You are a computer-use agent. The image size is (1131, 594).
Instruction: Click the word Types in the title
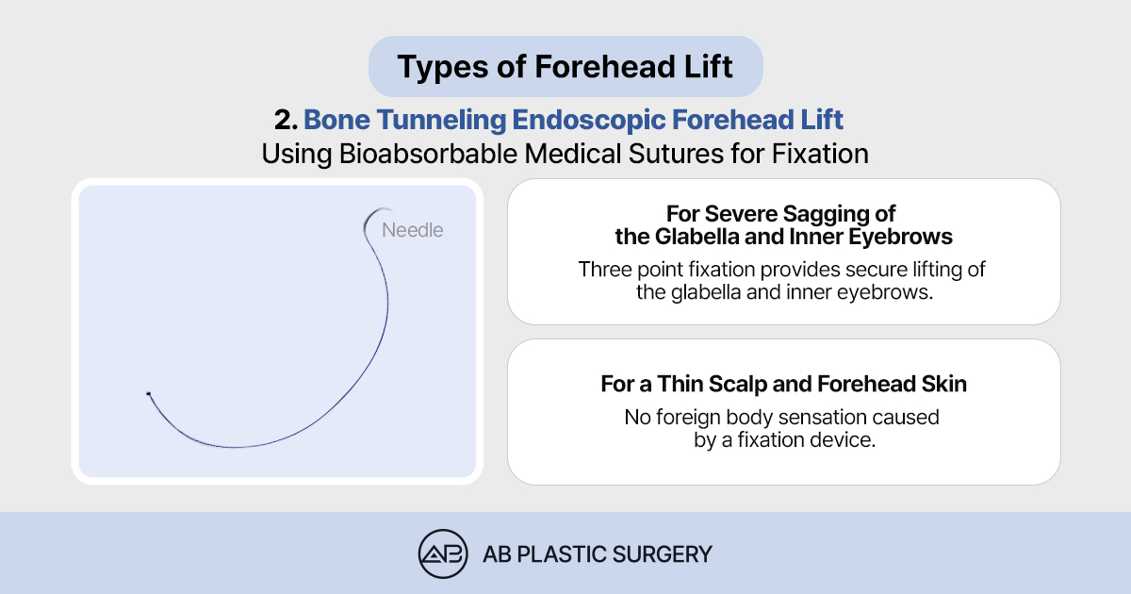click(x=443, y=67)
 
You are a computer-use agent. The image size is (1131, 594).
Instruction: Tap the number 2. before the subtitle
click(x=286, y=121)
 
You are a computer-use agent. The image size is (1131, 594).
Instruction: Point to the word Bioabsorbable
click(x=428, y=154)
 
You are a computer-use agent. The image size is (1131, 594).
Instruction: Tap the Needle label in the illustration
click(x=413, y=230)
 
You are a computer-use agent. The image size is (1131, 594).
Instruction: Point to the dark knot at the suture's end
click(x=149, y=393)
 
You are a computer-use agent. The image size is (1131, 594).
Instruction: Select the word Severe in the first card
click(x=736, y=214)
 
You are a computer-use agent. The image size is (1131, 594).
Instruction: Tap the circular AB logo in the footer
click(x=443, y=554)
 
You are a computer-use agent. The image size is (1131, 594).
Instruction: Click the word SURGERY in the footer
click(x=662, y=554)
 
